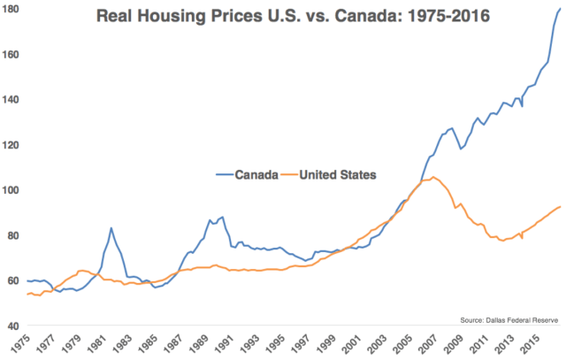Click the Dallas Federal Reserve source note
tap(510, 317)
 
